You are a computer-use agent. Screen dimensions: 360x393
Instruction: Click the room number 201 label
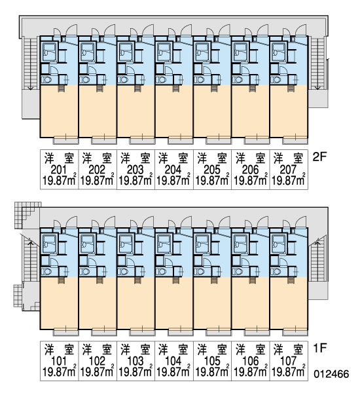pos(59,170)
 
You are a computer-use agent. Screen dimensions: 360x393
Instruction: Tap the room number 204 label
pos(173,170)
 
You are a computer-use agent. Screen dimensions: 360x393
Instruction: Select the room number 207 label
pos(288,170)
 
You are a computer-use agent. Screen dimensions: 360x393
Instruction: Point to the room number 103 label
pos(135,361)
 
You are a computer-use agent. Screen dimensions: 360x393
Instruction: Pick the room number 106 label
pos(250,361)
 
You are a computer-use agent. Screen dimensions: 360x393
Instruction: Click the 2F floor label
pos(320,157)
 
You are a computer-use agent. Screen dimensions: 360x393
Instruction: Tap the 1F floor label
pos(320,348)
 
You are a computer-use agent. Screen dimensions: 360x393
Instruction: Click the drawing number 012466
pos(331,374)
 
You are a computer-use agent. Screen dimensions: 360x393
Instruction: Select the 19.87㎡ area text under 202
pos(98,180)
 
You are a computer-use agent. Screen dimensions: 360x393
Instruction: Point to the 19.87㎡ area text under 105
pos(212,371)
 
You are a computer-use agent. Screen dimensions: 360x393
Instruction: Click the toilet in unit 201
pos(46,80)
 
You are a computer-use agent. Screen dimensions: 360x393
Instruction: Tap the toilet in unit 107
pos(276,271)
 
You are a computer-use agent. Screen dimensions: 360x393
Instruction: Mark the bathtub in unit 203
pos(126,52)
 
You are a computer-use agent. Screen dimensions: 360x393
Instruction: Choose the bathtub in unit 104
pos(164,244)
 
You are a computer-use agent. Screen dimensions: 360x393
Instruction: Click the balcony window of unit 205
pos(219,141)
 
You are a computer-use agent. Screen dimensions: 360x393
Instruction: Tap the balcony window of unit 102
pos(104,332)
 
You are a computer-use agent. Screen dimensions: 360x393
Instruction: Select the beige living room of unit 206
pos(251,111)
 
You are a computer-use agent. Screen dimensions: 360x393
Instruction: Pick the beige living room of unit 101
pos(59,303)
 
